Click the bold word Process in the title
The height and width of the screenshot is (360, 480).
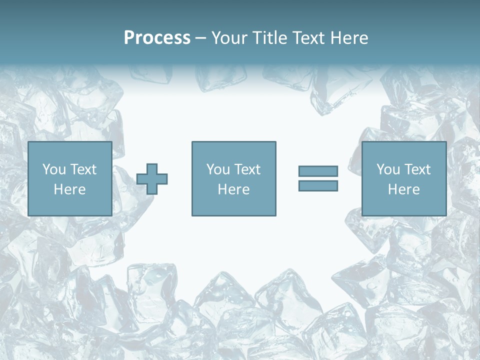pos(157,38)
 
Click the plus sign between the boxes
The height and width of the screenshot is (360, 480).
pos(152,179)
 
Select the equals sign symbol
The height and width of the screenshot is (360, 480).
pos(318,178)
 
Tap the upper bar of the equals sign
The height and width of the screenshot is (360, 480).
pos(318,171)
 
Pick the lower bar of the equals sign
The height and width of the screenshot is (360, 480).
pos(318,185)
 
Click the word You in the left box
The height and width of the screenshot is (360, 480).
pos(54,169)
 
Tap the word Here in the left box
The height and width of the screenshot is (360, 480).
pos(69,189)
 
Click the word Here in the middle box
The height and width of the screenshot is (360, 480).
pos(233,189)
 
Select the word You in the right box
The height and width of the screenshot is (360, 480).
pos(388,169)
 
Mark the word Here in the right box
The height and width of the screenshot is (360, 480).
pos(403,189)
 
